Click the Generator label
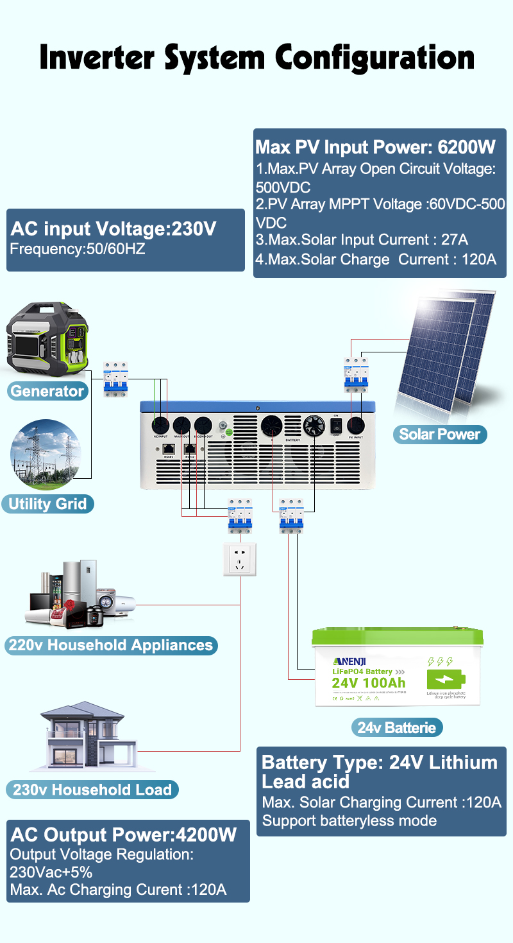[x=47, y=391]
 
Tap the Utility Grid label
[x=47, y=503]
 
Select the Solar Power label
[x=439, y=435]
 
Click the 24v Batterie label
[x=396, y=728]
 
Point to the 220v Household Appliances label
[x=110, y=645]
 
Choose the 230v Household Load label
[x=92, y=790]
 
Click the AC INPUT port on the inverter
[x=160, y=425]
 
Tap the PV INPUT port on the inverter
[x=355, y=426]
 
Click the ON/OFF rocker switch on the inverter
[x=335, y=425]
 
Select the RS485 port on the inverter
[x=169, y=449]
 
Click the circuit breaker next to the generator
[x=115, y=379]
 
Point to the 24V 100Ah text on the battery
[x=368, y=682]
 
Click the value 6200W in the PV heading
[x=466, y=147]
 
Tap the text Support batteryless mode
[x=349, y=820]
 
